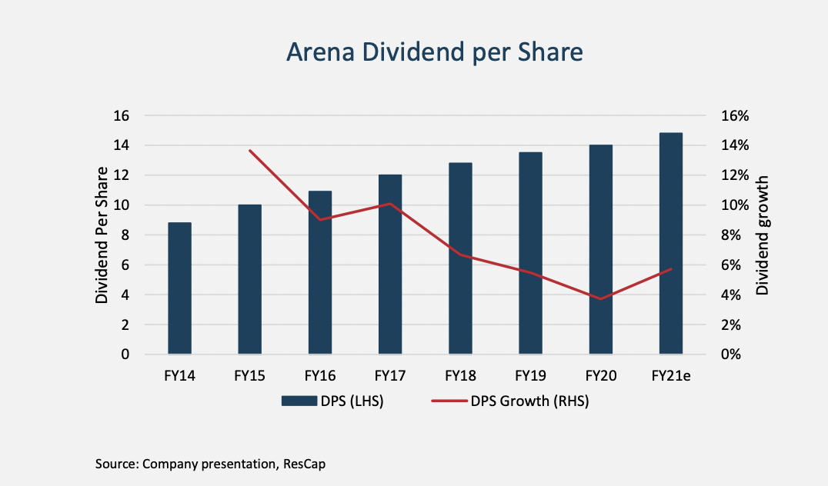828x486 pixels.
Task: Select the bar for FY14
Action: click(179, 288)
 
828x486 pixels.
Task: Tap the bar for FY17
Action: click(390, 265)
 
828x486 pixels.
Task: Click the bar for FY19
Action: click(530, 254)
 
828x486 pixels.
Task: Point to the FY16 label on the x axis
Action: click(319, 376)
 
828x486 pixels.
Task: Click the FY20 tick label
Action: click(600, 376)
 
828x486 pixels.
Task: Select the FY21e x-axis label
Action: click(671, 376)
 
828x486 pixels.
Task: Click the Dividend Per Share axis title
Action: click(102, 235)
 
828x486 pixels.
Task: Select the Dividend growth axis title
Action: click(763, 235)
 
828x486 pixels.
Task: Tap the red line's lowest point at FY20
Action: click(600, 298)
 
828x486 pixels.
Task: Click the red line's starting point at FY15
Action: click(250, 151)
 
